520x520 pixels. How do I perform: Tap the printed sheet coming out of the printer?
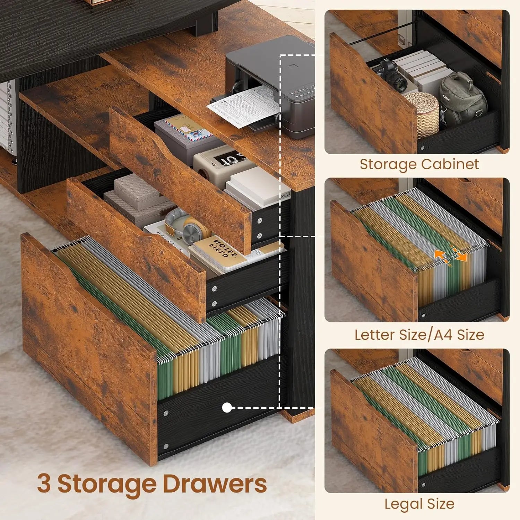coord(244,106)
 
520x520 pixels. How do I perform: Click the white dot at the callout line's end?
coord(227,408)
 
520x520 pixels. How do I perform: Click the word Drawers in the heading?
coord(215,484)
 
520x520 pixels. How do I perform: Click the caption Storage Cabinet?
coord(419,164)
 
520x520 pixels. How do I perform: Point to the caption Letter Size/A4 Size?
coord(419,335)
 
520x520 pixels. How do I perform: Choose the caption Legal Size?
coord(419,504)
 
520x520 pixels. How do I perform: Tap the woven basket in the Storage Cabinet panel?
coord(421,113)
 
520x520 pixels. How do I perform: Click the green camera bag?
coord(461,99)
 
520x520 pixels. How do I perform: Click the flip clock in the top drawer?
coord(225,163)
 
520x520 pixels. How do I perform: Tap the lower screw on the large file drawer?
coord(166,446)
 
